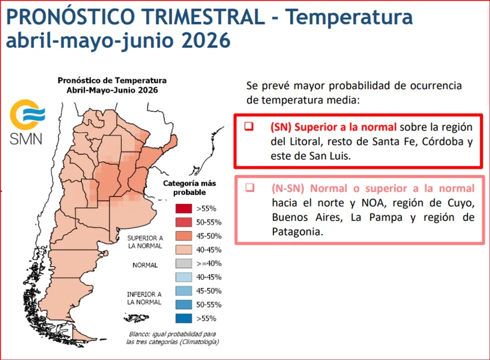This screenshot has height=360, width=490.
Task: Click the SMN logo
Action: [x=27, y=122]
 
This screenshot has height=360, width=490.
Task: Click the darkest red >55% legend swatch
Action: [x=184, y=208]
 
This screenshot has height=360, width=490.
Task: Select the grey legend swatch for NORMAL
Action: [x=184, y=263]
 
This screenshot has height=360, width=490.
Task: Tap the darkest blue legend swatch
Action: [x=184, y=318]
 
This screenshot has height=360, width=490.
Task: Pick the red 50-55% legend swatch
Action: [x=184, y=222]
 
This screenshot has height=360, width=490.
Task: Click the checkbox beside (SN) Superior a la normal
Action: [x=249, y=126]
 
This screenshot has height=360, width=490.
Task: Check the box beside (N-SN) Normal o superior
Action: [x=250, y=187]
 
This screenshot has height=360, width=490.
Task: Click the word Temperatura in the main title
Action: [x=349, y=16]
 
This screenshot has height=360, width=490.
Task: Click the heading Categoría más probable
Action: [x=189, y=187]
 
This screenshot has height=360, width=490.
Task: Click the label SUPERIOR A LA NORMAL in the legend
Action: [x=145, y=242]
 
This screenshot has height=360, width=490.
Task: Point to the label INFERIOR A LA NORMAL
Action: [x=144, y=298]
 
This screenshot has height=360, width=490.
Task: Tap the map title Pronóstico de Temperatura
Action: [x=112, y=80]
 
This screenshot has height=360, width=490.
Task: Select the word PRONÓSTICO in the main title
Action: [x=70, y=16]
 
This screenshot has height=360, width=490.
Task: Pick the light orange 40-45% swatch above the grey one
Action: [x=184, y=249]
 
